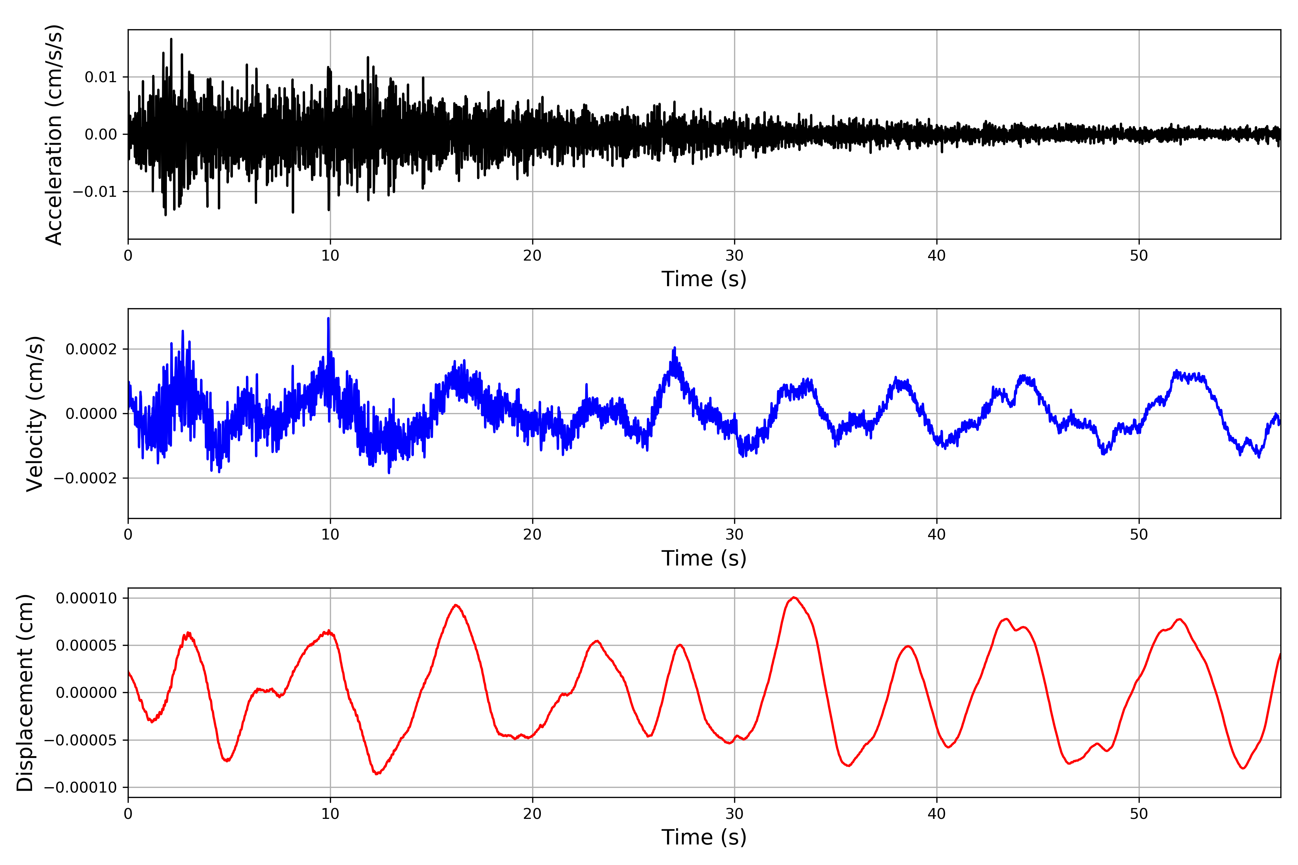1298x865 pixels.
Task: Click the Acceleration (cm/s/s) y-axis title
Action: coord(54,134)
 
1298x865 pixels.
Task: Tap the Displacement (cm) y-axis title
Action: coord(25,693)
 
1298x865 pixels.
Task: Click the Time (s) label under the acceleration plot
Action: coord(704,279)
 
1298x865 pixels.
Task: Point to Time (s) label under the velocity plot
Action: coord(704,558)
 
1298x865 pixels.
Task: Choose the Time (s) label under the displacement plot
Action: coord(704,837)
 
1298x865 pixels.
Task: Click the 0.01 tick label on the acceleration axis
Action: coord(101,77)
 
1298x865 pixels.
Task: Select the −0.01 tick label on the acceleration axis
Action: coord(95,192)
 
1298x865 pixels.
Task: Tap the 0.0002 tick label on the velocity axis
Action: coord(92,349)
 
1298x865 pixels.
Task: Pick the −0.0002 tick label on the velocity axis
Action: coord(85,478)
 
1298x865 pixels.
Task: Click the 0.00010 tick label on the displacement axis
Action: coord(87,598)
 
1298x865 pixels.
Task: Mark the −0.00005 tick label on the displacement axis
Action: coord(80,740)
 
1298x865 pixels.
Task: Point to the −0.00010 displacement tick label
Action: coord(80,788)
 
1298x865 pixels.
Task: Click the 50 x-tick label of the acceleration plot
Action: coord(1139,256)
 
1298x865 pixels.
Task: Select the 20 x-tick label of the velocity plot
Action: coord(533,534)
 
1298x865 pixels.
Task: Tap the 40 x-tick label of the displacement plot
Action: coord(936,814)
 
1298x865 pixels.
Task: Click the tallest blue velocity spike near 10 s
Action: coord(328,319)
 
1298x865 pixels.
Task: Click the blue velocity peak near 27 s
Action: coord(674,349)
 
